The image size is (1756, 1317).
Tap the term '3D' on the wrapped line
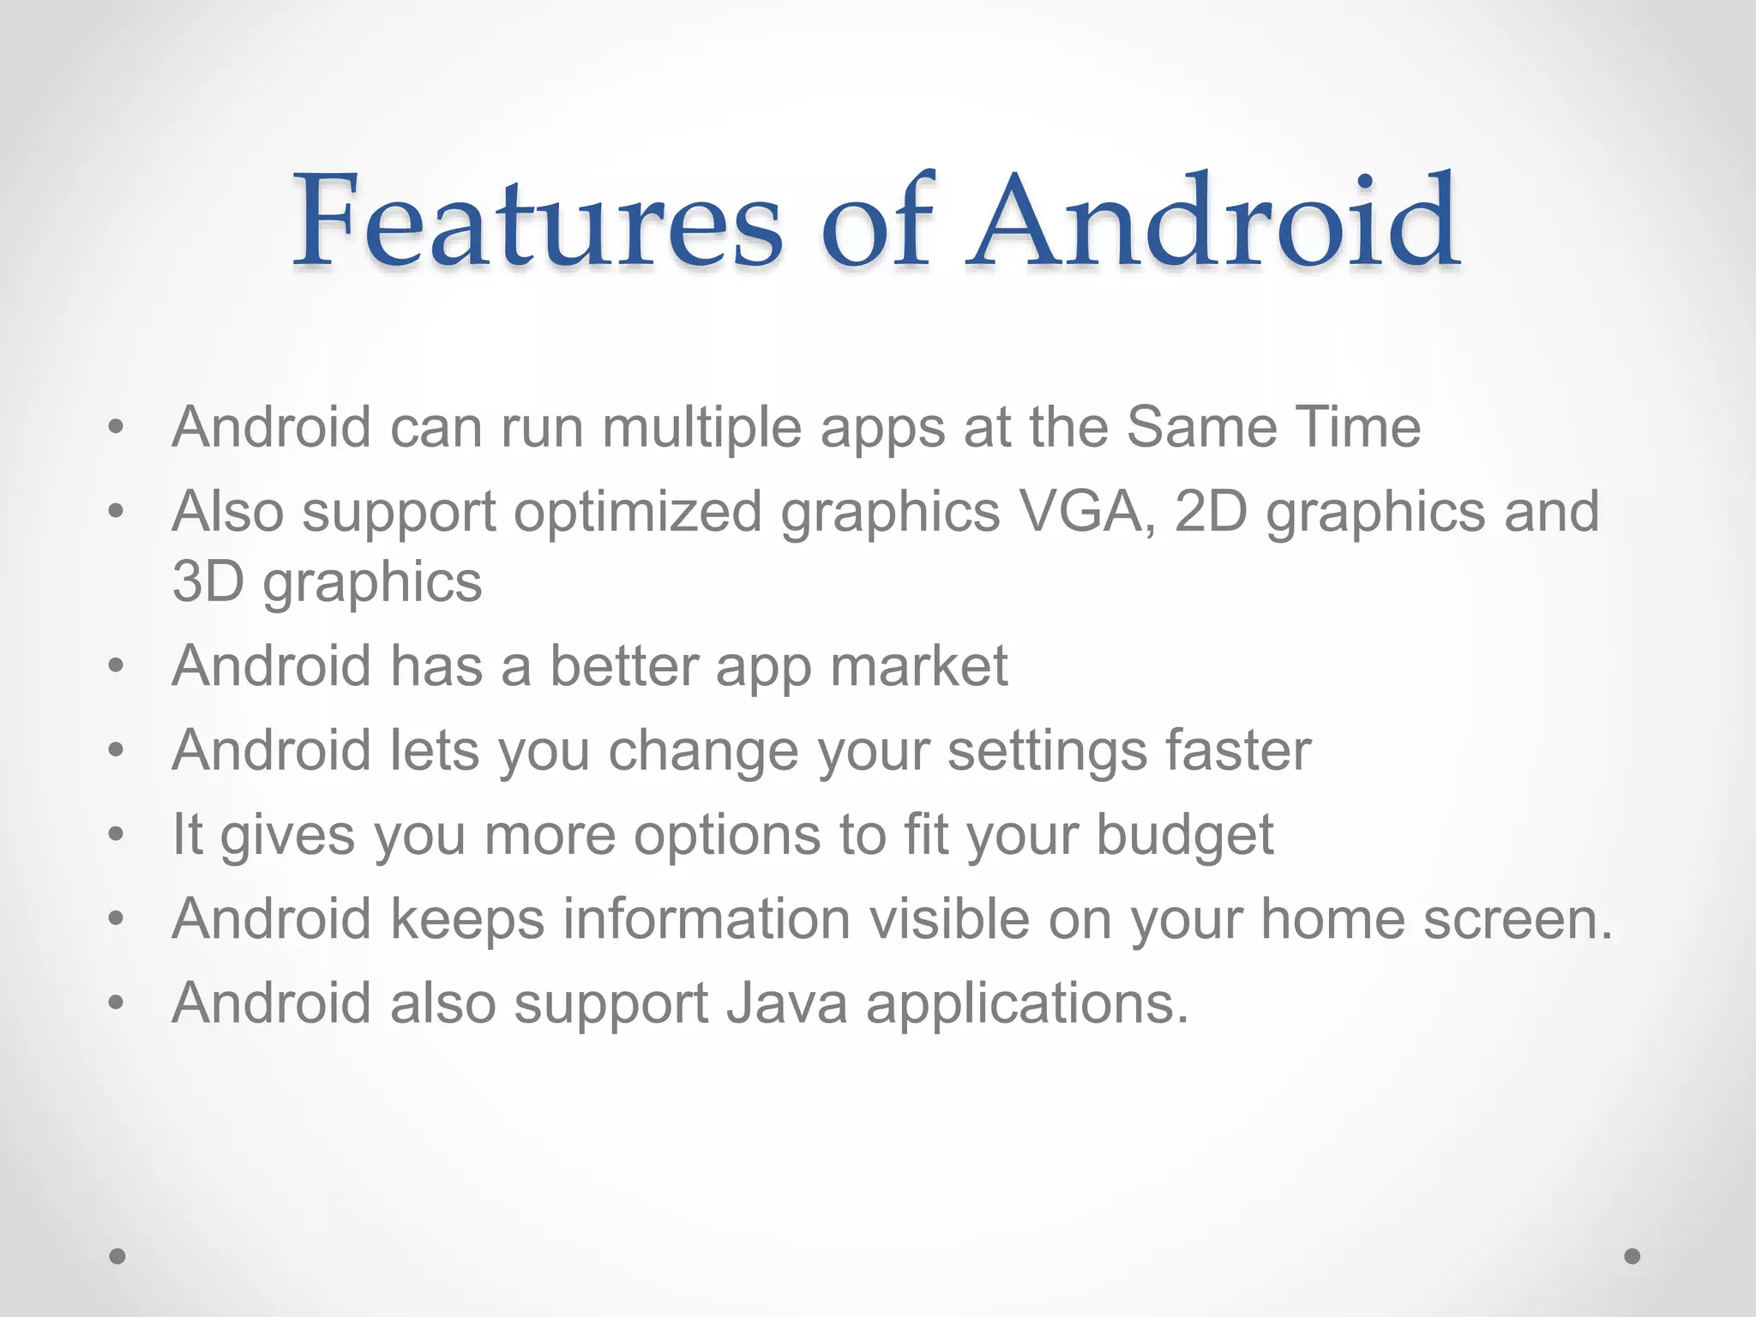tap(208, 581)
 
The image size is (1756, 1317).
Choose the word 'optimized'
tap(637, 512)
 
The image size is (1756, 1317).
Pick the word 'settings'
tap(1047, 751)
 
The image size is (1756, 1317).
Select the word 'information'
tap(707, 919)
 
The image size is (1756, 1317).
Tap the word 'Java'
tap(786, 1003)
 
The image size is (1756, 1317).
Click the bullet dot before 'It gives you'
tap(117, 834)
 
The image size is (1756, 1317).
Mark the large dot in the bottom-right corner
tap(1633, 1256)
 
